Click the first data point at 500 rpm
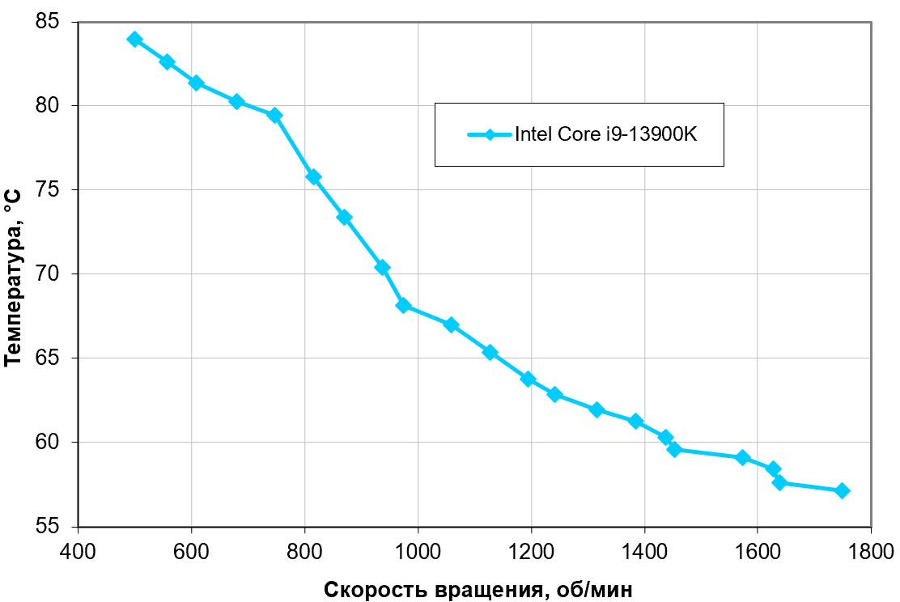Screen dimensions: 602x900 click(x=134, y=40)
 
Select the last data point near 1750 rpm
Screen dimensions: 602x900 click(x=842, y=490)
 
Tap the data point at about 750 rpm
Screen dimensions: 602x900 click(x=275, y=115)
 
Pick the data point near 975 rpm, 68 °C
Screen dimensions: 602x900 click(x=403, y=305)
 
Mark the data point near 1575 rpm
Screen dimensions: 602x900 click(x=742, y=457)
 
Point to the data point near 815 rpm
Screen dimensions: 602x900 click(x=313, y=176)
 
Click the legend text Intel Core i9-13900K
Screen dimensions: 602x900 click(x=605, y=134)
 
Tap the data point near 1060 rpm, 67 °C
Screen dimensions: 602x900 click(x=451, y=325)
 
